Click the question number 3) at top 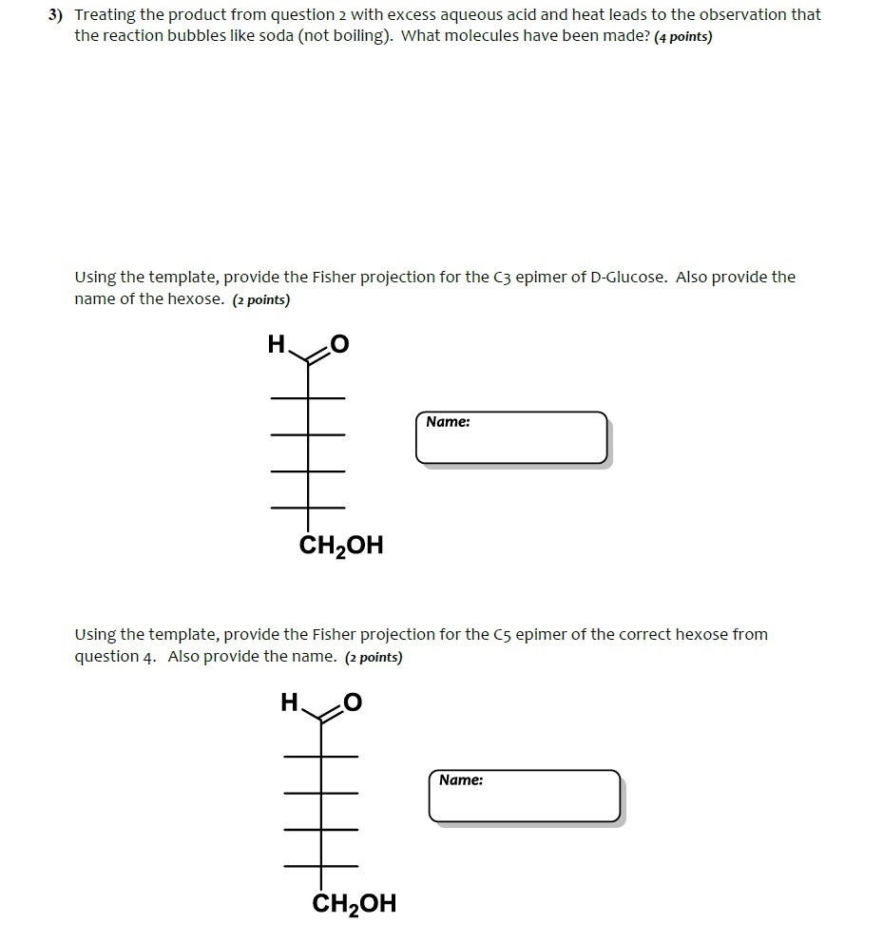[59, 16]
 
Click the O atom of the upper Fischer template [339, 345]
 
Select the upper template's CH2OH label [341, 546]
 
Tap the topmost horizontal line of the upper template [308, 397]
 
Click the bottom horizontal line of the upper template [308, 505]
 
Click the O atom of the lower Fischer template [353, 703]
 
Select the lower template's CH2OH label [354, 903]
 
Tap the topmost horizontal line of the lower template [321, 756]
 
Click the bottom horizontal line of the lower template [321, 865]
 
